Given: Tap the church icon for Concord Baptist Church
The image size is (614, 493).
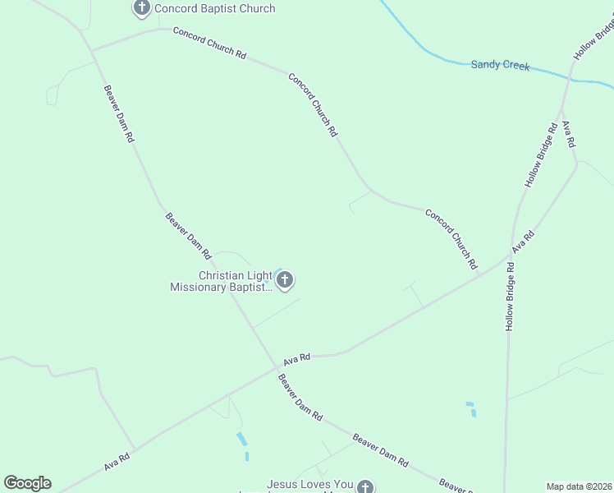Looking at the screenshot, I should click(141, 9).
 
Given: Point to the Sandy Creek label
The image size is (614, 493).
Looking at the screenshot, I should click(500, 65).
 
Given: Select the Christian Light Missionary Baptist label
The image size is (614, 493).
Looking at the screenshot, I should click(221, 282).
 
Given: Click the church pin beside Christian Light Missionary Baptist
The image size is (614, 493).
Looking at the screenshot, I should click(285, 281).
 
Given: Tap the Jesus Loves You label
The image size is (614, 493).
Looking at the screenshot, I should click(309, 486).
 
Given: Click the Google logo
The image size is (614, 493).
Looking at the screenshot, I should click(27, 483).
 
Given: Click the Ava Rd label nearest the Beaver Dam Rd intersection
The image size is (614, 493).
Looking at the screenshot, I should click(297, 358).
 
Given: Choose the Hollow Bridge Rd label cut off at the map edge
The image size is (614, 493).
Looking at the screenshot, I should click(593, 39).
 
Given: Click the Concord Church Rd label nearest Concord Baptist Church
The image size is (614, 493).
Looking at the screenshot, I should click(209, 43).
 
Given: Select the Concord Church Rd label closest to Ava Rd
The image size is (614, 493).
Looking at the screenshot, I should click(451, 239).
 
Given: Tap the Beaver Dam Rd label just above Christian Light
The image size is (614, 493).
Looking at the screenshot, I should click(188, 237).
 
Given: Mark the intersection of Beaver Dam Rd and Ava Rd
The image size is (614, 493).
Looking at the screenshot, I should click(276, 369).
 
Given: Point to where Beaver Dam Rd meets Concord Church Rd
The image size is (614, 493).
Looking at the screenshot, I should click(92, 51).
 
